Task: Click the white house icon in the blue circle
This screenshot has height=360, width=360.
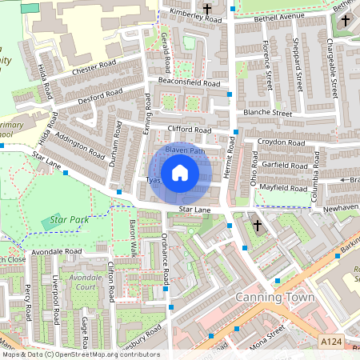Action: (x=180, y=173)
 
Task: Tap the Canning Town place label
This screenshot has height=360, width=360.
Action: (x=270, y=298)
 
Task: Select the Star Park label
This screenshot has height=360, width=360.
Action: (x=69, y=218)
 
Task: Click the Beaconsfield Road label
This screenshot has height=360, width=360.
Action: (x=189, y=83)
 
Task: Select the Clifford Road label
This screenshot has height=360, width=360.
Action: (x=189, y=130)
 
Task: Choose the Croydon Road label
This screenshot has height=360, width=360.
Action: (x=274, y=143)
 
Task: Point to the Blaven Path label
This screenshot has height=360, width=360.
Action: (x=185, y=150)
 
